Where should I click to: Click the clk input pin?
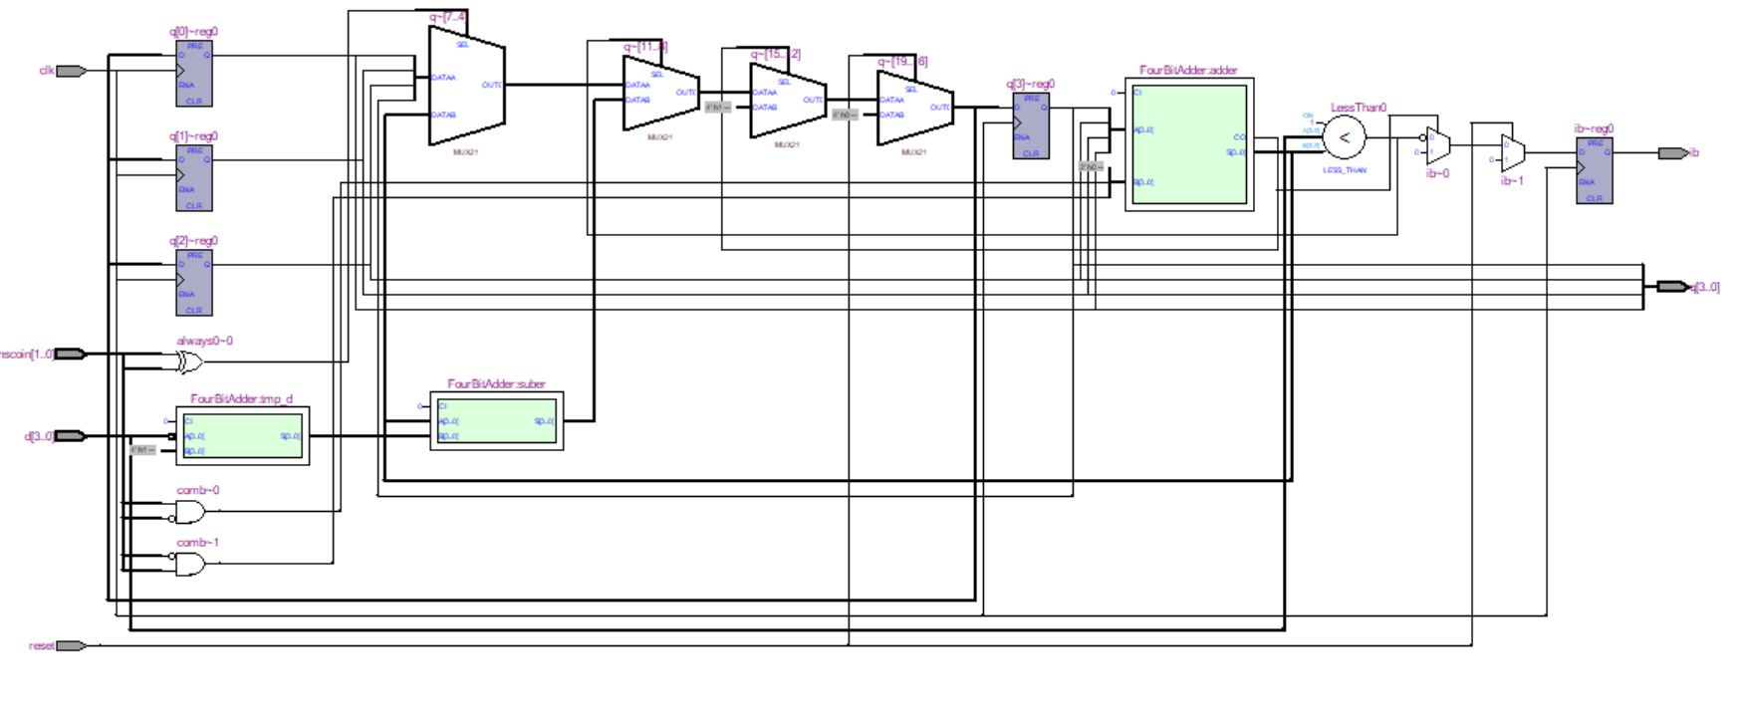[70, 71]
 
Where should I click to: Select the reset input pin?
[70, 645]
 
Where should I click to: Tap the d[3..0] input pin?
[70, 436]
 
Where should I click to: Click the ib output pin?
[1672, 153]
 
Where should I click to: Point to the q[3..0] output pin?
[1672, 287]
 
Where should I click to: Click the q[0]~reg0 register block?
[194, 74]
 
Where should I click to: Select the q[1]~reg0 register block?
[194, 178]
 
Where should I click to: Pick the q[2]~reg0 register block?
[194, 283]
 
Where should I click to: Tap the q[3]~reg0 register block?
[1031, 126]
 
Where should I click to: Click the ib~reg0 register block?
[1594, 171]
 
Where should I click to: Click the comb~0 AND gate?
[189, 512]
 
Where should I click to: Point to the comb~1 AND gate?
[189, 565]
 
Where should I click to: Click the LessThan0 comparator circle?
[1344, 138]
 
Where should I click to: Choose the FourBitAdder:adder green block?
[1189, 144]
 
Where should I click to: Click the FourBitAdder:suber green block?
[496, 421]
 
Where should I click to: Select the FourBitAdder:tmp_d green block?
[242, 436]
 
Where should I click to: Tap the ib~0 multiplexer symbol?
[1437, 146]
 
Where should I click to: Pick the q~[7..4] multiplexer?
[466, 86]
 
